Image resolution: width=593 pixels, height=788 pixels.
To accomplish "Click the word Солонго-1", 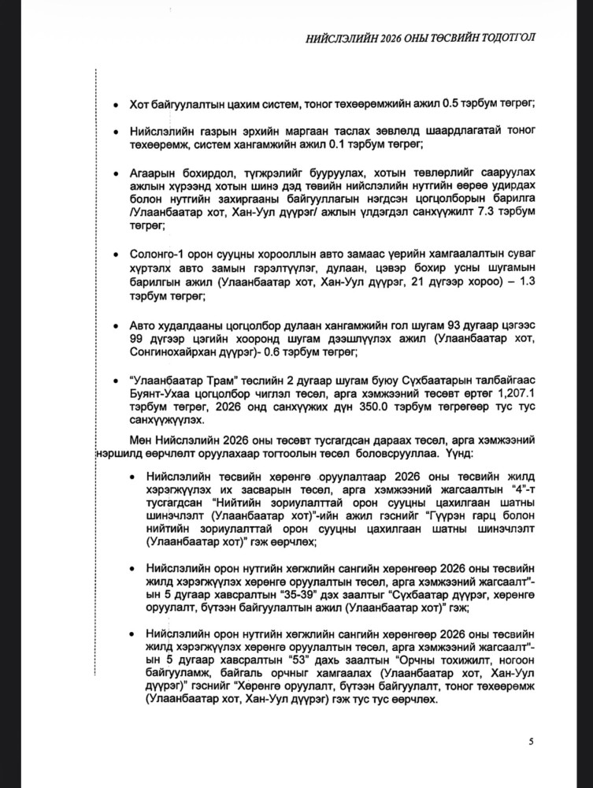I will point(158,255).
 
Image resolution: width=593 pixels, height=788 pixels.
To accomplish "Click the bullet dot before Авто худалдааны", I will point(116,325).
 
